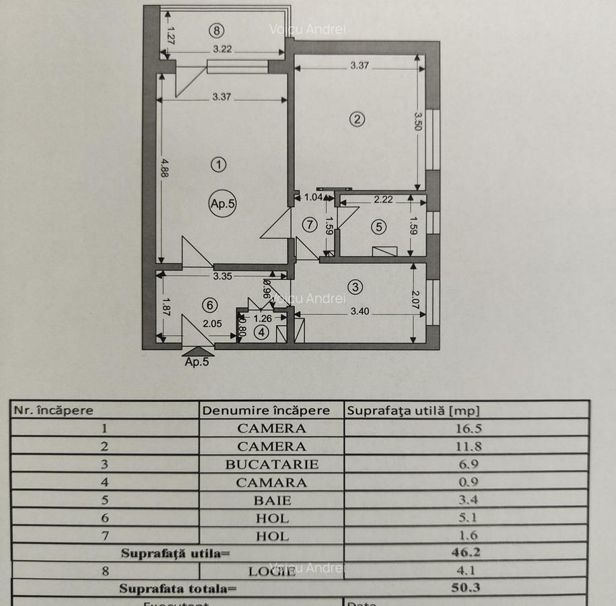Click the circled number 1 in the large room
[x=218, y=164]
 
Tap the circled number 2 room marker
[x=357, y=119]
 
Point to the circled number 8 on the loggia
[x=215, y=30]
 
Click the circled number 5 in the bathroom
[x=379, y=227]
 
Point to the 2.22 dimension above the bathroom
[x=384, y=199]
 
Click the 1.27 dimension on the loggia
[x=170, y=34]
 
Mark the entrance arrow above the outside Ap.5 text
[x=198, y=351]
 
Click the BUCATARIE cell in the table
[x=271, y=464]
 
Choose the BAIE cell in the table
[x=271, y=500]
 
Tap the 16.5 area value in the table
[x=469, y=428]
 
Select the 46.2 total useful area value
[x=469, y=554]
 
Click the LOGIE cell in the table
[x=271, y=571]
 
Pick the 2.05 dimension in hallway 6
[x=212, y=323]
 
